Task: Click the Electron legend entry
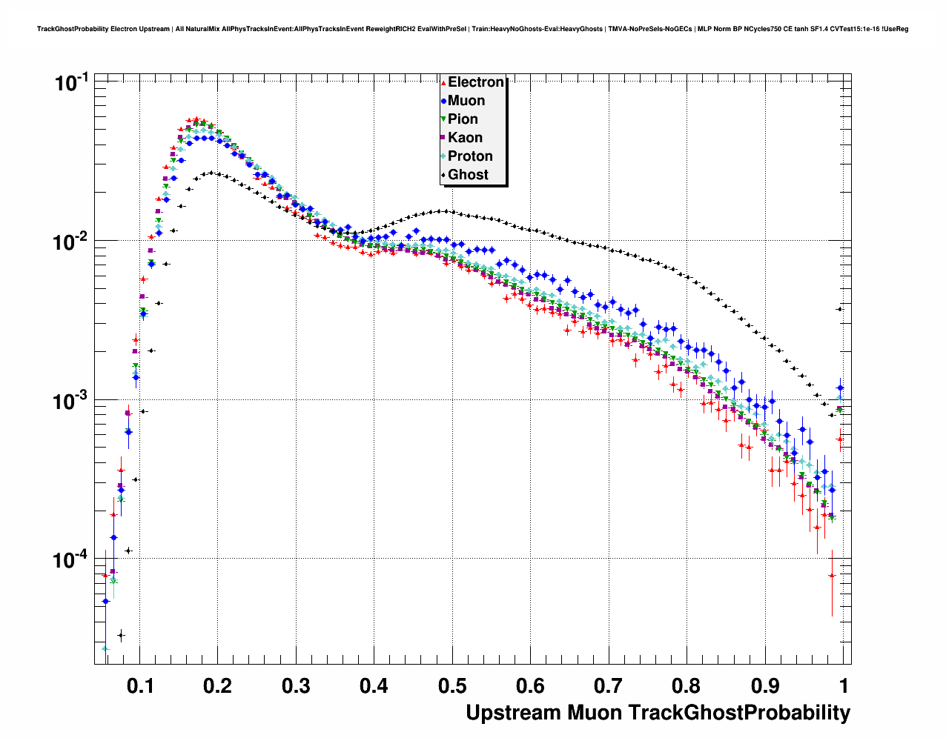[475, 82]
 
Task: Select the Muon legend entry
[466, 101]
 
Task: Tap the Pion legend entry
[462, 119]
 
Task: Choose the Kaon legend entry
[465, 138]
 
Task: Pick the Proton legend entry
[469, 156]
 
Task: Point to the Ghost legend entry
[468, 175]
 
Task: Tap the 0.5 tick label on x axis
[452, 685]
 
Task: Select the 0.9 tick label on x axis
[765, 685]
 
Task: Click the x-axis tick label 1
[844, 685]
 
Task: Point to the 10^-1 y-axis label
[72, 82]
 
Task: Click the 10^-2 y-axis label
[72, 242]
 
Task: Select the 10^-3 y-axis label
[72, 401]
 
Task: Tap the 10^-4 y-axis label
[72, 559]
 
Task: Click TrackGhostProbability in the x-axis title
[739, 714]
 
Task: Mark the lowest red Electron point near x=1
[832, 575]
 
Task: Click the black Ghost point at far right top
[839, 309]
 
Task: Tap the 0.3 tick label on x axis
[296, 685]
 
